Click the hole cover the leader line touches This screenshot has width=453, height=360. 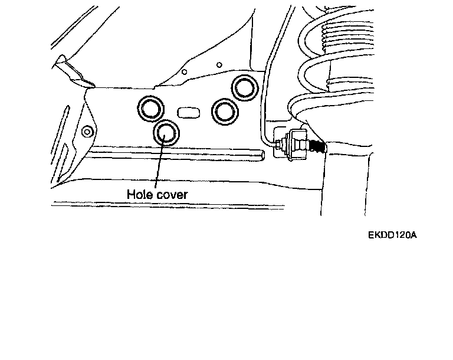coord(166,132)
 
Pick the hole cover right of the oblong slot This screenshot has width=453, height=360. coord(225,110)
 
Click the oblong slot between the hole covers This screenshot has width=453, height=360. coord(188,110)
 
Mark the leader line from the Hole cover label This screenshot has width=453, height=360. coord(159,165)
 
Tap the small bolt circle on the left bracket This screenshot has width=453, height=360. coord(87,130)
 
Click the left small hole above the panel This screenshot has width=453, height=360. coord(185,73)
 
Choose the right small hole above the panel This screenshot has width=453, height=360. coord(219,64)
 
